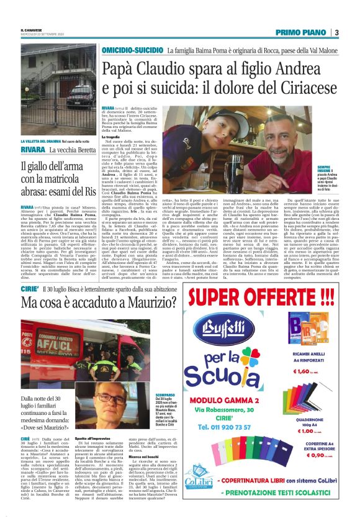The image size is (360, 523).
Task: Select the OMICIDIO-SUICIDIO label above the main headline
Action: [x=133, y=48]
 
